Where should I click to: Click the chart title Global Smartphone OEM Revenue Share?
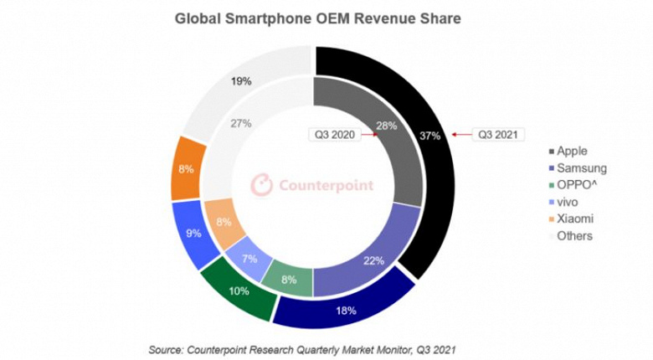pyautogui.click(x=317, y=18)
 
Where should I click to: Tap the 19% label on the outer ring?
pyautogui.click(x=242, y=81)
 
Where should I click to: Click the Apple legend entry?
pyautogui.click(x=571, y=152)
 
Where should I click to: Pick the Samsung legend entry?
pyautogui.click(x=578, y=168)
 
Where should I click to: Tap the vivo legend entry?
pyautogui.click(x=568, y=202)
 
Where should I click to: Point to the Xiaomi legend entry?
pyautogui.click(x=573, y=219)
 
